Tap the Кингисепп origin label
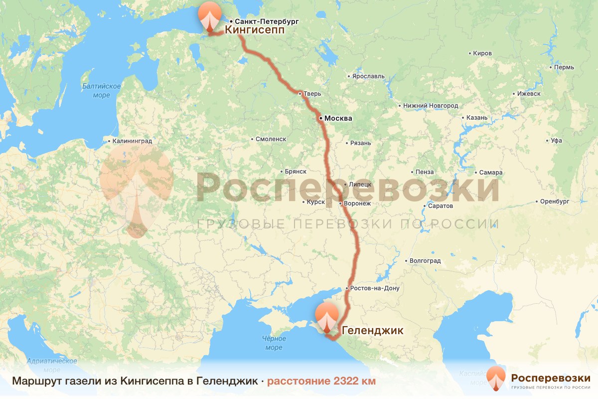(255, 30)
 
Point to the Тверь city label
(313, 94)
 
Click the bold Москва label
(338, 119)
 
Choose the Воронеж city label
(357, 203)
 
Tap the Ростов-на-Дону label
(375, 288)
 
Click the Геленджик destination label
(372, 330)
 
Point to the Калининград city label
(133, 142)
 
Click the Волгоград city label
(425, 260)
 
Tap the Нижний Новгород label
(431, 106)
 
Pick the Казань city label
(477, 118)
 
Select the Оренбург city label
(554, 202)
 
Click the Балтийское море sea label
(102, 90)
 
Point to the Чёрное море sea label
(274, 343)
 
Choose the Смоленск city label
(271, 139)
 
